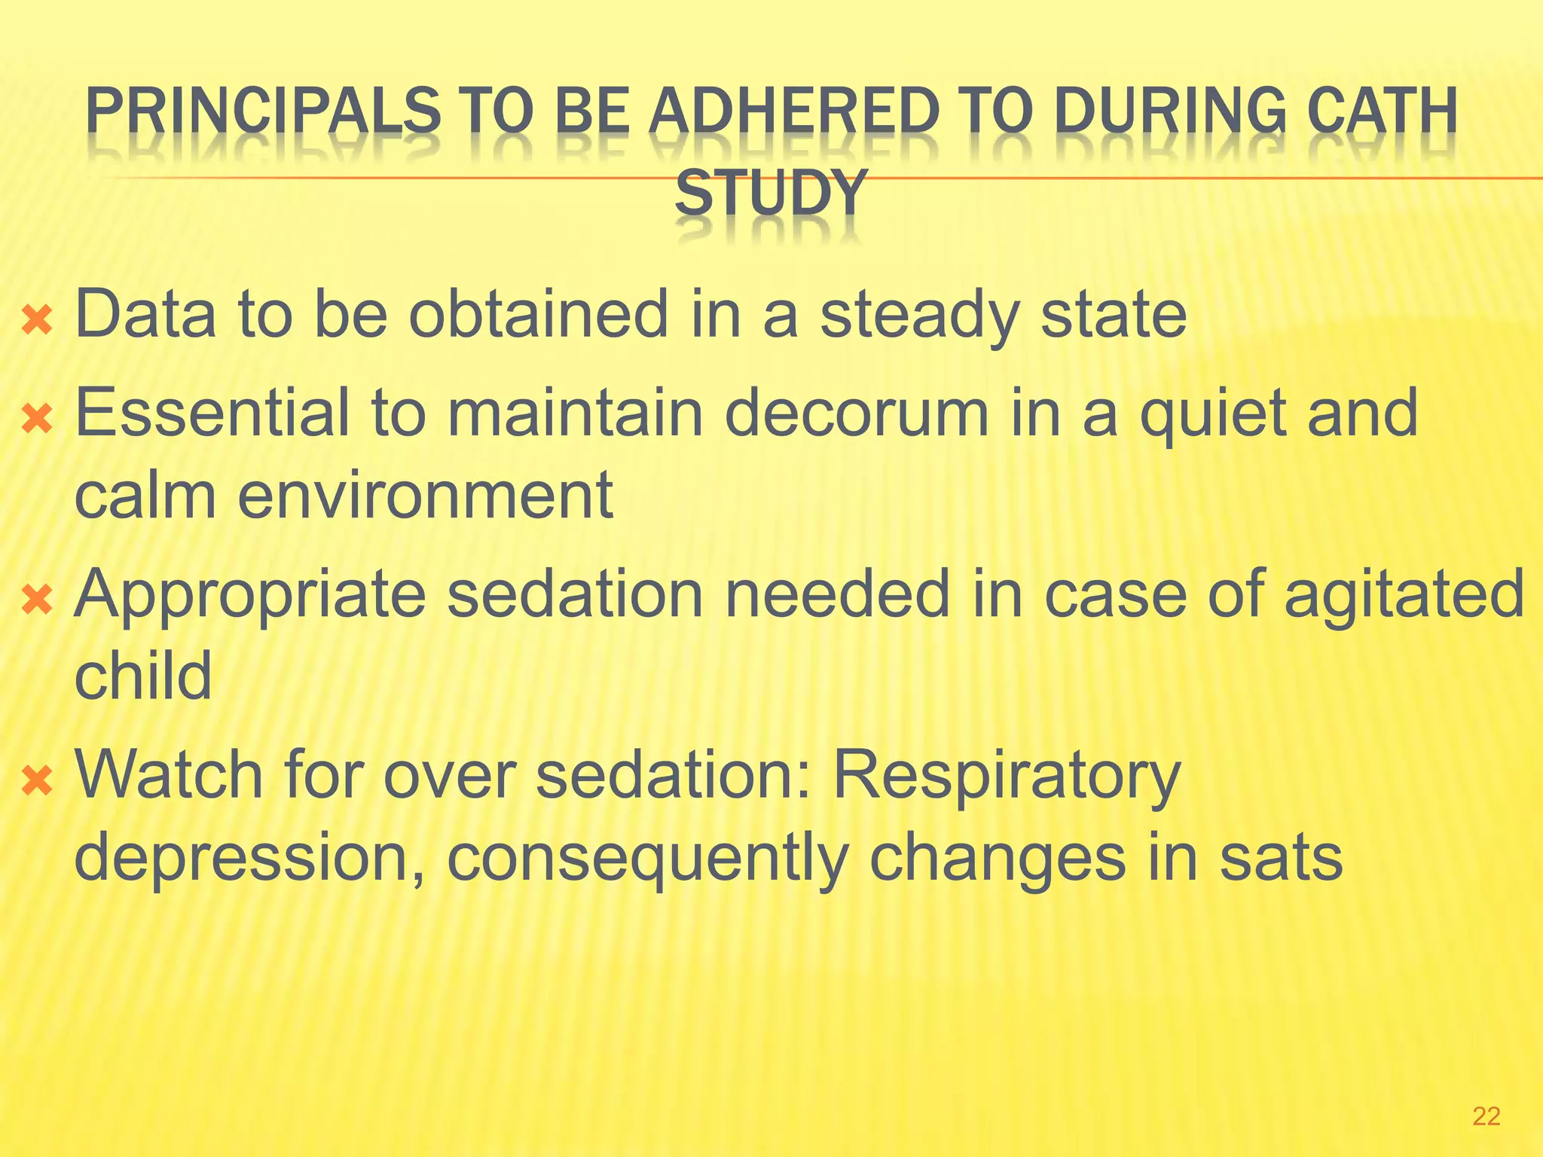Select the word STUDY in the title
769,194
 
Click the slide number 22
1486,1116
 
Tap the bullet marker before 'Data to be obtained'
37,320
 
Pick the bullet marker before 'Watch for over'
37,781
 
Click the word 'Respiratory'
1006,776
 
